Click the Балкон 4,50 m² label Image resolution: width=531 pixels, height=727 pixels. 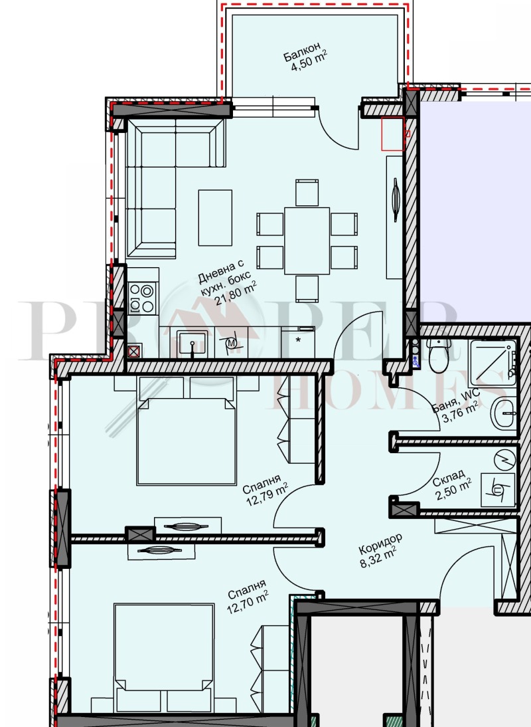tap(306, 58)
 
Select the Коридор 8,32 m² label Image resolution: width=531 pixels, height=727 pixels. tap(380, 550)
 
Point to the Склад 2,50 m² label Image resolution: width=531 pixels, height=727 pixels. tap(451, 484)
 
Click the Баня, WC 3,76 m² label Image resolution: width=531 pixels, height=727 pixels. tap(456, 407)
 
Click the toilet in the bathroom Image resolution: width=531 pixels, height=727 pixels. tap(439, 355)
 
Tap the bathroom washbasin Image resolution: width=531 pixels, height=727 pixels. tap(503, 412)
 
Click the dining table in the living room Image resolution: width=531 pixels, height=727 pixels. tap(307, 241)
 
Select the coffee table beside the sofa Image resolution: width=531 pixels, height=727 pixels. tap(215, 217)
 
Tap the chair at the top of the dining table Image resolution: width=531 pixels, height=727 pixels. tap(307, 193)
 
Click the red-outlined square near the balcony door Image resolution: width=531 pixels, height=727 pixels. tap(393, 134)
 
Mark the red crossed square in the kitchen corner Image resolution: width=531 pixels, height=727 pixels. tap(134, 352)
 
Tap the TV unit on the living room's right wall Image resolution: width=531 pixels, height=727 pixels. tap(395, 217)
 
